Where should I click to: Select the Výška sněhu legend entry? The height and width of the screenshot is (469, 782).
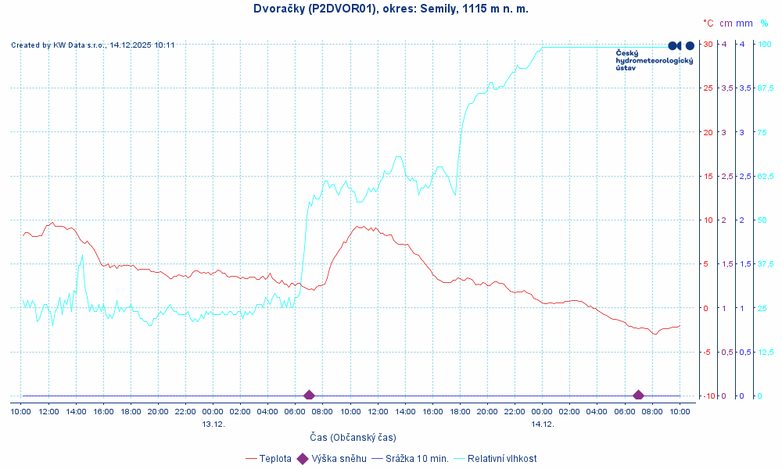(x=332, y=459)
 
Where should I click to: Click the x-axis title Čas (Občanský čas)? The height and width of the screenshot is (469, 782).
(x=352, y=437)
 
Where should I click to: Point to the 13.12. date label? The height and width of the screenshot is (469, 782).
(x=213, y=424)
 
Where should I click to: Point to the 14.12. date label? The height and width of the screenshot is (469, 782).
(x=543, y=424)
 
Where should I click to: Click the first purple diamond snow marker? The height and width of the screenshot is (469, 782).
(x=309, y=396)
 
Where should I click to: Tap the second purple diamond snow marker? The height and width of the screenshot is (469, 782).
(x=638, y=396)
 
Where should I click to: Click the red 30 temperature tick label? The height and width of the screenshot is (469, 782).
(x=707, y=44)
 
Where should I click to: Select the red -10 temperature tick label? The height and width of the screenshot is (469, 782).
(x=706, y=396)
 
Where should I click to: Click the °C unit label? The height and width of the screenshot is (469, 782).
(x=708, y=23)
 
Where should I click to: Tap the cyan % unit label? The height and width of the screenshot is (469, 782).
(x=764, y=23)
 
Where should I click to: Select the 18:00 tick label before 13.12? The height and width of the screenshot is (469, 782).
(x=131, y=411)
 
